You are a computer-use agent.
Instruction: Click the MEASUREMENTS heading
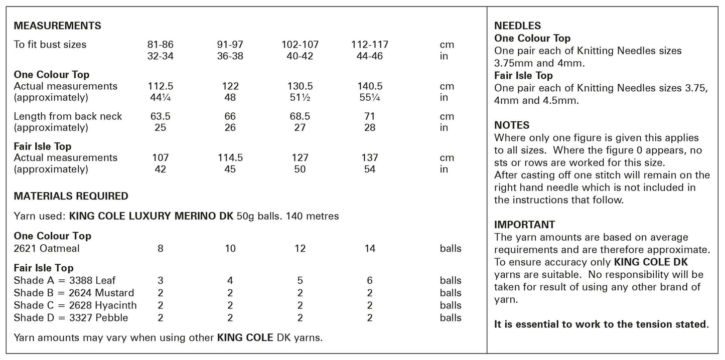pyautogui.click(x=57, y=26)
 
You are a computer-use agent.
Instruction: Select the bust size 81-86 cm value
pyautogui.click(x=161, y=44)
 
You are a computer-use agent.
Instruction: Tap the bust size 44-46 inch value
pyautogui.click(x=370, y=56)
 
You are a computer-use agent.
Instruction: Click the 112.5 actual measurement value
pyautogui.click(x=161, y=86)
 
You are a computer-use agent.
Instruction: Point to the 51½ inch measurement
pyautogui.click(x=300, y=98)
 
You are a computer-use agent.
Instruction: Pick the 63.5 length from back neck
pyautogui.click(x=161, y=116)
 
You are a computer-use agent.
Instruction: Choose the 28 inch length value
pyautogui.click(x=370, y=128)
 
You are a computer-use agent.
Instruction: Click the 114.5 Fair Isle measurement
pyautogui.click(x=230, y=157)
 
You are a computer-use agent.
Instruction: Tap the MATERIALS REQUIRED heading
pyautogui.click(x=71, y=196)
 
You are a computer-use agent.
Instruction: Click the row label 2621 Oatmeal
pyautogui.click(x=47, y=249)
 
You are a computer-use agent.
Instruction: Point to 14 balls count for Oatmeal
pyautogui.click(x=370, y=249)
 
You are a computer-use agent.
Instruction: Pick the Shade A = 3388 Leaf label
pyautogui.click(x=65, y=280)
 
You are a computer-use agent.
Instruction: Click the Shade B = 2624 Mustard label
pyautogui.click(x=74, y=293)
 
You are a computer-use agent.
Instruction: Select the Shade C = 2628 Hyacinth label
pyautogui.click(x=75, y=305)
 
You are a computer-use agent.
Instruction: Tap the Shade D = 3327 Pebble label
pyautogui.click(x=71, y=318)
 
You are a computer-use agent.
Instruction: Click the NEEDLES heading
pyautogui.click(x=517, y=26)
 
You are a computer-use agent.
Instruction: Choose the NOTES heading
pyautogui.click(x=512, y=125)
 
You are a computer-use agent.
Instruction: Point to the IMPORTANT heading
pyautogui.click(x=524, y=225)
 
